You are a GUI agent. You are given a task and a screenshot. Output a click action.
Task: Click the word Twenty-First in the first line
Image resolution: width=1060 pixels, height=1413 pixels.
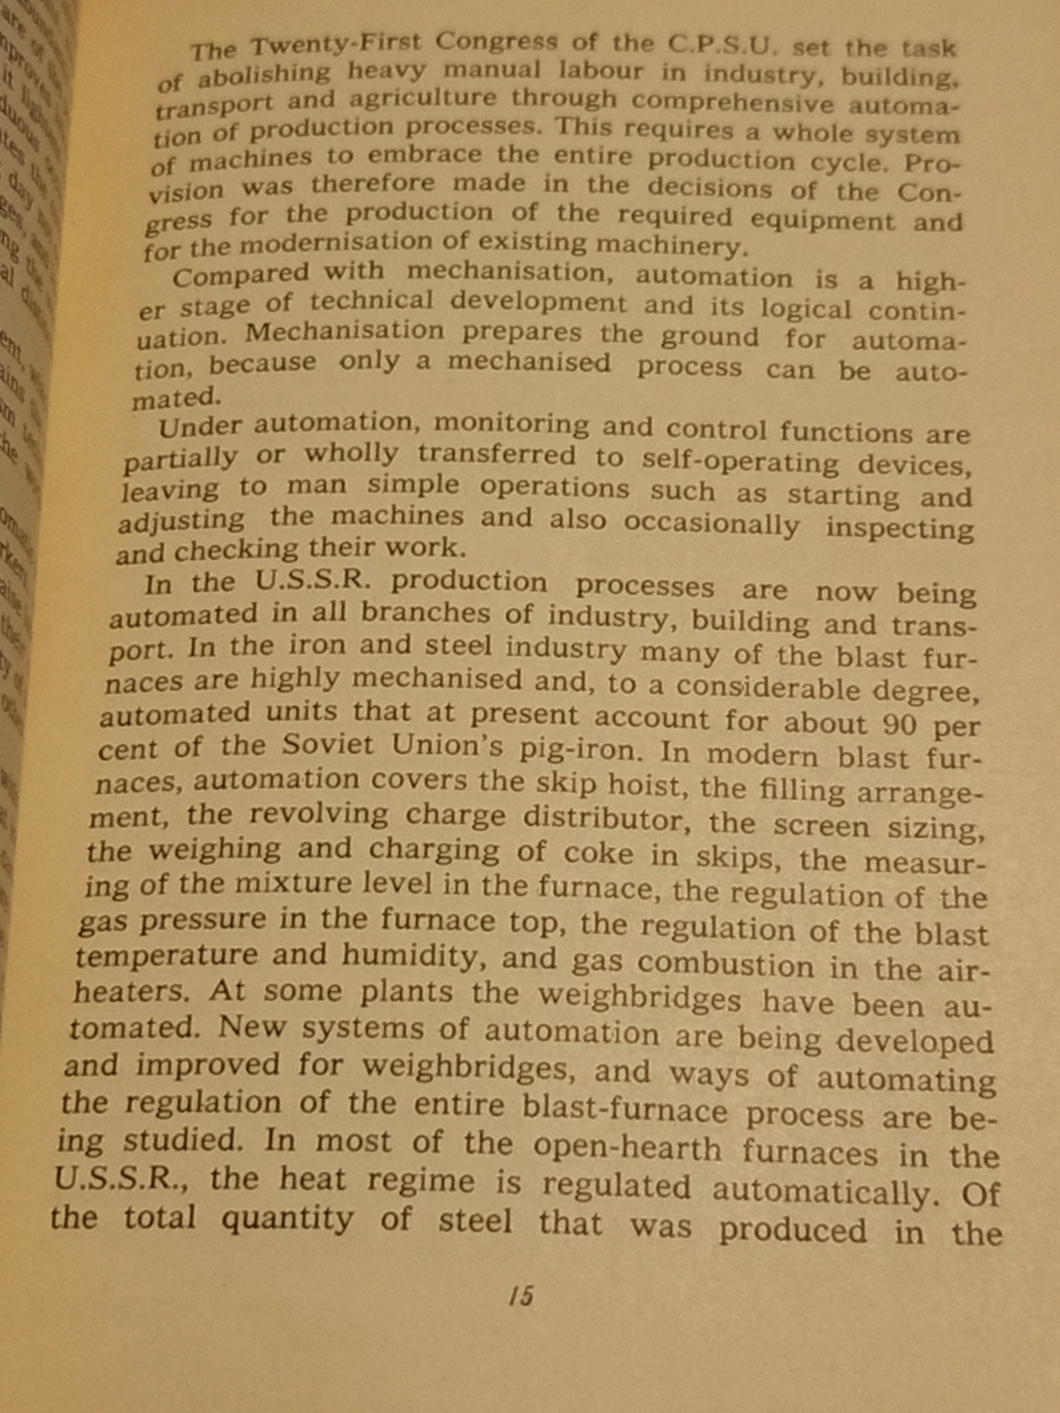(337, 45)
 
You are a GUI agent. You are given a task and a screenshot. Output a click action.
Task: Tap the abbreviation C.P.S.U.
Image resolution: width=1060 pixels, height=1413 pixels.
(722, 45)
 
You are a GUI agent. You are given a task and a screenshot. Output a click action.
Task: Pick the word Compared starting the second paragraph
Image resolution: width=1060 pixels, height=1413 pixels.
(241, 276)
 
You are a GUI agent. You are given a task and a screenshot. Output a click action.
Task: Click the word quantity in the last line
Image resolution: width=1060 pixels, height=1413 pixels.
(287, 1219)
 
